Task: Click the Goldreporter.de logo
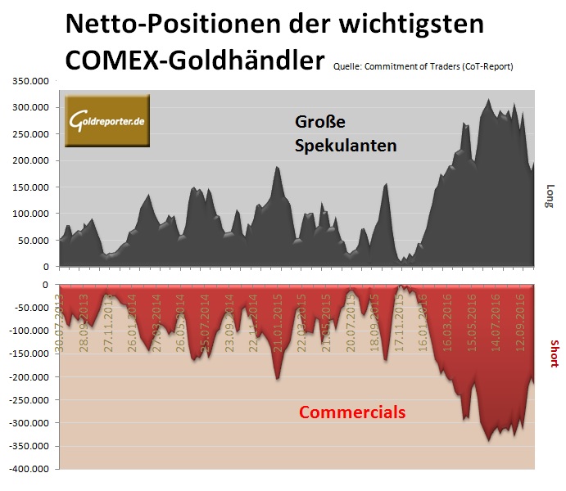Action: [106, 122]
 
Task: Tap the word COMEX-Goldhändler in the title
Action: [197, 59]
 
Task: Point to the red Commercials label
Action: [351, 412]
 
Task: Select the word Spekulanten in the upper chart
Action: [346, 146]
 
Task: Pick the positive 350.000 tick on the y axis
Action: [30, 81]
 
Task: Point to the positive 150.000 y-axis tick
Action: [30, 187]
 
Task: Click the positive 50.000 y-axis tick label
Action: [33, 241]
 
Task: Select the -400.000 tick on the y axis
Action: [29, 469]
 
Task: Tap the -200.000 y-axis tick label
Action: [29, 376]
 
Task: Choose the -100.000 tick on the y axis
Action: [29, 331]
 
